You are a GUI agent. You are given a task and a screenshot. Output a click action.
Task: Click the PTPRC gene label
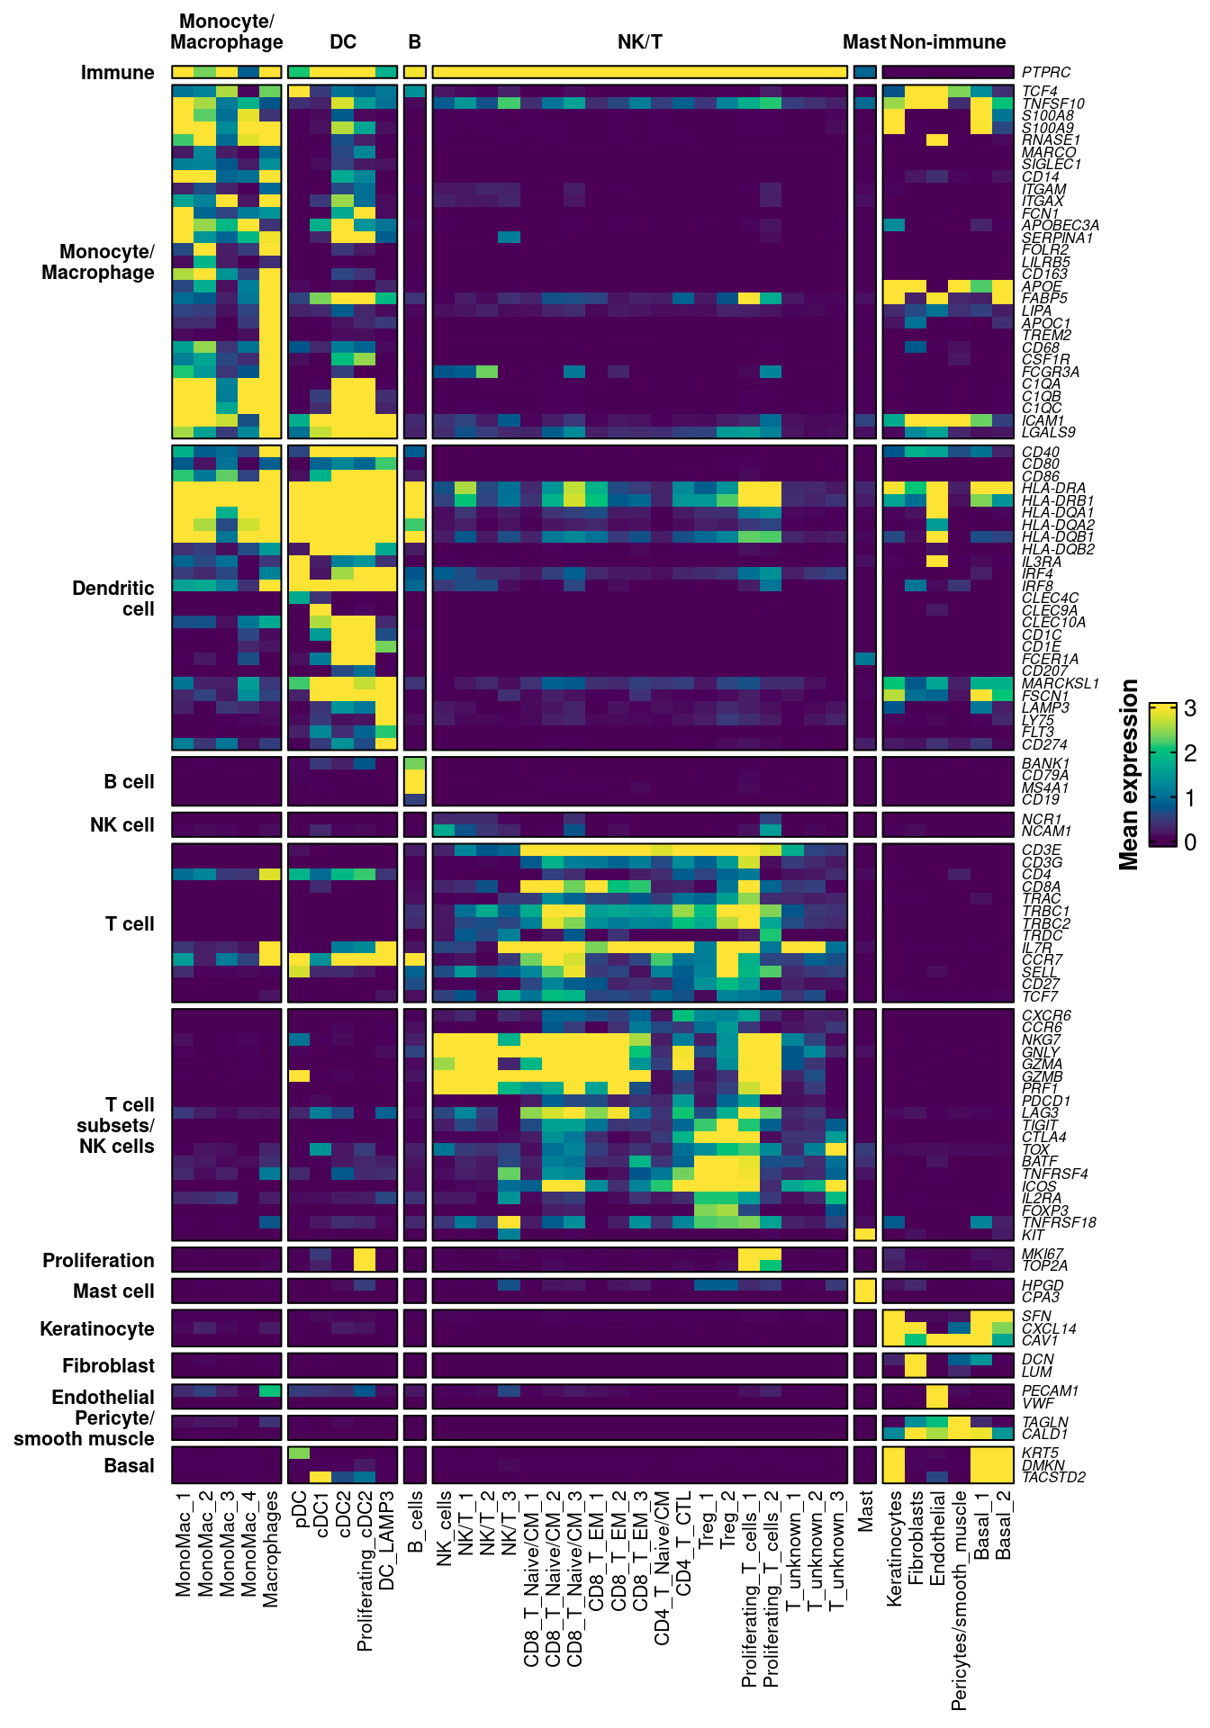pos(1046,72)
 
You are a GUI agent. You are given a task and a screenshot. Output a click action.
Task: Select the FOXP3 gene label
pos(1045,1210)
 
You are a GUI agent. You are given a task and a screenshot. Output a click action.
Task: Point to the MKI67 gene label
pos(1043,1254)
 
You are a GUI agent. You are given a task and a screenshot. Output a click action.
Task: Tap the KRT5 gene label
pos(1040,1453)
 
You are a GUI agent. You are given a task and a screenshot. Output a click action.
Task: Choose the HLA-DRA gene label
pos(1053,489)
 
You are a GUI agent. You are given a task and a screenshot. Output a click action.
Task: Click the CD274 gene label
pos(1044,744)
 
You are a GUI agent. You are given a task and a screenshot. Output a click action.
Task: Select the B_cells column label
pos(415,1522)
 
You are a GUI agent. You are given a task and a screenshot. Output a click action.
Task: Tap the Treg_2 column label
pos(727,1522)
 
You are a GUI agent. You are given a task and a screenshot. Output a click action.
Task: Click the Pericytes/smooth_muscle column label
pos(960,1600)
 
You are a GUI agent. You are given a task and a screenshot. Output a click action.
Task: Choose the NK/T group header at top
pos(639,41)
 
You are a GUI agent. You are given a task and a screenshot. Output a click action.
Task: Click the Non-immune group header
pos(947,41)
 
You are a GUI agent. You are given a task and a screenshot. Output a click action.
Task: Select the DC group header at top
pos(343,41)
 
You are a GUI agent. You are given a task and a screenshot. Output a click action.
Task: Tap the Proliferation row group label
pos(98,1260)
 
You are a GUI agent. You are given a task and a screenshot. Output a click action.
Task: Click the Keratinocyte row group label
pos(96,1328)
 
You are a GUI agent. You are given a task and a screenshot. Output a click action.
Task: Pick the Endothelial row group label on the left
pos(103,1397)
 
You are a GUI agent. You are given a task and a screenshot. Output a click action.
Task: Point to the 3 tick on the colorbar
pos(1190,709)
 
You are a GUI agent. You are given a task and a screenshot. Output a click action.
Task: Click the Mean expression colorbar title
pos(1129,774)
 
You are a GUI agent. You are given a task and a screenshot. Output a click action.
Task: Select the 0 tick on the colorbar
pos(1190,841)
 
